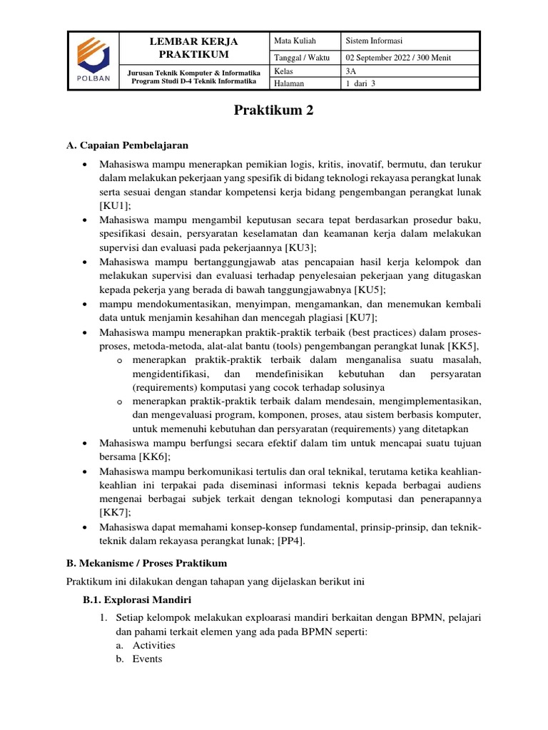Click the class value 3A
pos(350,71)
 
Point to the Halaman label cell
pos(289,83)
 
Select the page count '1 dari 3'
pos(360,83)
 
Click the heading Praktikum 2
pos(274,110)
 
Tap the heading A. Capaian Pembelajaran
pos(127,145)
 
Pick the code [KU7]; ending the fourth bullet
pos(362,317)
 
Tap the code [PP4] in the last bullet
pos(289,540)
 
